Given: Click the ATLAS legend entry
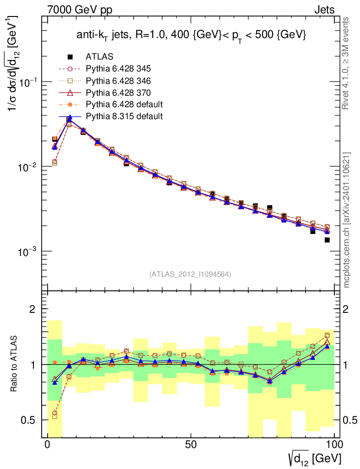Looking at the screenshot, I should coord(99,57).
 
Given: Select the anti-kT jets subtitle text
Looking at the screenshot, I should coord(191,35).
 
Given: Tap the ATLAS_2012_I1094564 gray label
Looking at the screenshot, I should coord(190,274).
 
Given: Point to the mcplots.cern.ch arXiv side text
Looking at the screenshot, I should coord(347,220).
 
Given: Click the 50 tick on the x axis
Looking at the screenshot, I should coord(191,445).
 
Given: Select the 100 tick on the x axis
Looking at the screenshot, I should coord(334,445).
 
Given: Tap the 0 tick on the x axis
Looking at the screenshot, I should coord(48,445).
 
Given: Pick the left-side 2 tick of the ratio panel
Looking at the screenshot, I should coord(33,309).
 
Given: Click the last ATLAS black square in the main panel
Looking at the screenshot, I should coord(327,240).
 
